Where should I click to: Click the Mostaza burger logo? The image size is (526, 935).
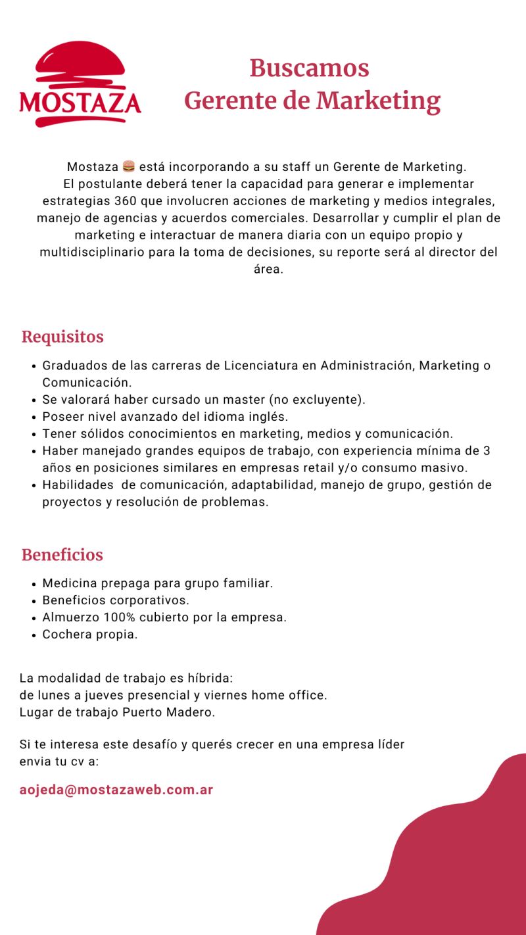coord(80,84)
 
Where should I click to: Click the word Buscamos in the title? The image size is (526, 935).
coord(309,68)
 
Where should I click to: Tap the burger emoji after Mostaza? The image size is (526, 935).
coord(129,167)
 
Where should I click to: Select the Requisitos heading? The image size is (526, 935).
coord(62,337)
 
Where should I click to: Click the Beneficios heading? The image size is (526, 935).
coord(62,555)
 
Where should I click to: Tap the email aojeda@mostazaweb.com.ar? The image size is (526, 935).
coord(116,790)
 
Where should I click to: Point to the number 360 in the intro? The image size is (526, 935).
coord(126,201)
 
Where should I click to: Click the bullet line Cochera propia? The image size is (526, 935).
coord(90,635)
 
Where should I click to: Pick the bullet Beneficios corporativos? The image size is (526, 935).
coord(116,600)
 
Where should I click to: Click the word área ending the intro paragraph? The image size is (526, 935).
coord(268,270)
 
